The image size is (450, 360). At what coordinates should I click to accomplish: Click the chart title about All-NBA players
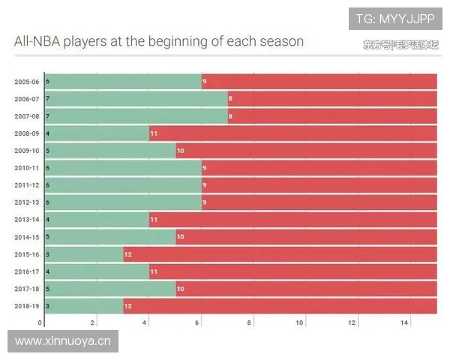pos(159,41)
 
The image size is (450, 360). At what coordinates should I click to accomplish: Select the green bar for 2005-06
pos(124,81)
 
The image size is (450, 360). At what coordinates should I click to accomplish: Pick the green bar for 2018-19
pos(84,305)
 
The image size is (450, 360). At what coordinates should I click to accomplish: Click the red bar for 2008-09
pos(292,133)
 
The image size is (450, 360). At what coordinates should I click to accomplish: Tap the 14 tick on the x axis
pos(403,322)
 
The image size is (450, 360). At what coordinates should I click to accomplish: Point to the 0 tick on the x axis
pos(40,322)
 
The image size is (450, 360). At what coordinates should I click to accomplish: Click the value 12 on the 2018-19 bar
pos(128,305)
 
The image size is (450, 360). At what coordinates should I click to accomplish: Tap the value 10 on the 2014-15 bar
pos(181,236)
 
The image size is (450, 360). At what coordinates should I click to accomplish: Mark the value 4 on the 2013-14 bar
pos(48,219)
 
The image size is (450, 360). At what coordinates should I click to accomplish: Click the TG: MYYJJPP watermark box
pos(395,19)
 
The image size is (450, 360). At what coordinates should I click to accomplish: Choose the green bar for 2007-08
pos(136,115)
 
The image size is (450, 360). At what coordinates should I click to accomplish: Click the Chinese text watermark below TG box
pos(399,44)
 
